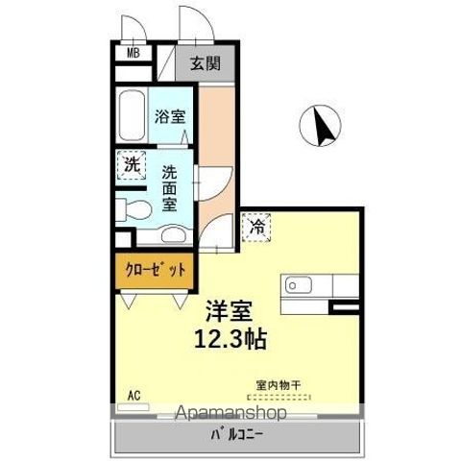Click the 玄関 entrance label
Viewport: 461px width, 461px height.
coord(205,64)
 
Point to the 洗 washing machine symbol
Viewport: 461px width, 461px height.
coord(132,163)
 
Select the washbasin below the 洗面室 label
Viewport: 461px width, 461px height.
coord(173,233)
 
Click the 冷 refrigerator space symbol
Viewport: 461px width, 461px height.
coord(256,227)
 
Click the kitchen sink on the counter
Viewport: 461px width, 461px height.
coord(293,284)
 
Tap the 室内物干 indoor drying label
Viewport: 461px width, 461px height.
coord(278,385)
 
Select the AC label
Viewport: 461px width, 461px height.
coord(133,394)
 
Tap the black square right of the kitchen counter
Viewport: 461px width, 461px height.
coord(343,306)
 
